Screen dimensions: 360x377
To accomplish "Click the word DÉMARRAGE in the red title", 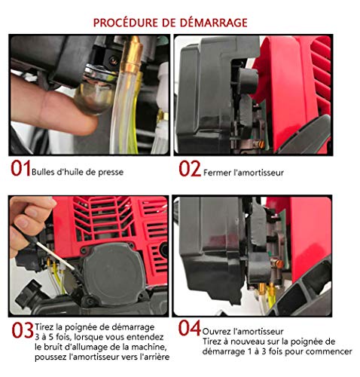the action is pos(213,23).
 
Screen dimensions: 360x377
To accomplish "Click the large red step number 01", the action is pos(20,168).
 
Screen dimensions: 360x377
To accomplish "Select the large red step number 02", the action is pos(190,169).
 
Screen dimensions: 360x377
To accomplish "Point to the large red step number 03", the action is pos(23,330).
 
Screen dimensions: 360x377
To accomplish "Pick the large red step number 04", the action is pos(189,328).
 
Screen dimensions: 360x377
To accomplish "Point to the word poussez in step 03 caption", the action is pos(50,357).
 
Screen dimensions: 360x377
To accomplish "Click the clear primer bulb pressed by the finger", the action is pos(93,97).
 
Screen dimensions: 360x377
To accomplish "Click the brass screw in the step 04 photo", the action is pos(278,263).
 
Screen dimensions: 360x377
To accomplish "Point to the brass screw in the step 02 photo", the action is pos(261,144).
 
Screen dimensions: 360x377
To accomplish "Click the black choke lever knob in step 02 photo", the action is pos(247,81).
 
